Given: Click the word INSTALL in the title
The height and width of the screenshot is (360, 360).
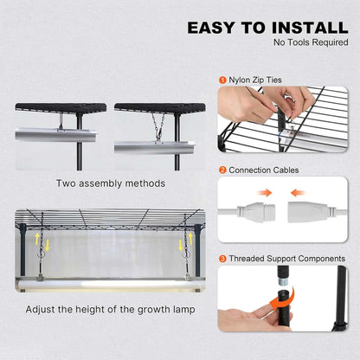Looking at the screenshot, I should [x=306, y=28].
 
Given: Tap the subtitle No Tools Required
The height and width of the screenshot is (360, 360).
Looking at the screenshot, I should [x=309, y=42].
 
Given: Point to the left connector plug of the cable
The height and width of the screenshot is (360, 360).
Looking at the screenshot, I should [x=257, y=209].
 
